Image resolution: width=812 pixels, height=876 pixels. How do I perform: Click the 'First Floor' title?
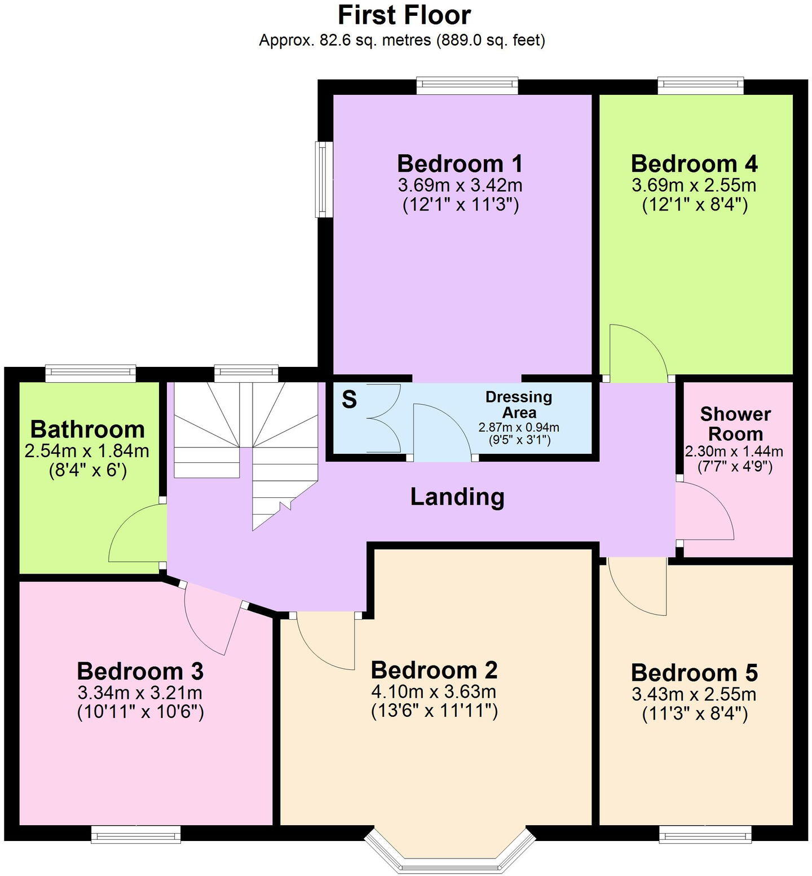click(x=404, y=15)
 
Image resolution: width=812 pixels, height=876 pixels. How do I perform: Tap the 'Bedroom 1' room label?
click(x=460, y=164)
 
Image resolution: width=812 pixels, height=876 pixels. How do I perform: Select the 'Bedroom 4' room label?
click(x=694, y=164)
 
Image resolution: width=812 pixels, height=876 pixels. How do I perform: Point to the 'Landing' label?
click(x=457, y=497)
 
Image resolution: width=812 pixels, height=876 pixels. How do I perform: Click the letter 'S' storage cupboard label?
click(x=350, y=400)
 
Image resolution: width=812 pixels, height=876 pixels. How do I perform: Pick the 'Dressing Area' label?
click(x=519, y=404)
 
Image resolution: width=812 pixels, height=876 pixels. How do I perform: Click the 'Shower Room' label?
click(x=735, y=424)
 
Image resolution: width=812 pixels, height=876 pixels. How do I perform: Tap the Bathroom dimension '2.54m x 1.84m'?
click(x=87, y=451)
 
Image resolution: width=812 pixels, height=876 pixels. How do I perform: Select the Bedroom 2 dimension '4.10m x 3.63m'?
click(x=434, y=691)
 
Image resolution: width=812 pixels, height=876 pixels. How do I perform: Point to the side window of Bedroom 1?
click(x=323, y=179)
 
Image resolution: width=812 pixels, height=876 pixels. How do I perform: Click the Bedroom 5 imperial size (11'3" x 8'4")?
click(x=695, y=715)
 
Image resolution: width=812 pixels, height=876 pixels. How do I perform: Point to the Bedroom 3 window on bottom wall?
click(x=136, y=834)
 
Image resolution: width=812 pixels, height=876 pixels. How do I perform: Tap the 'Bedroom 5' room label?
click(x=694, y=673)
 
